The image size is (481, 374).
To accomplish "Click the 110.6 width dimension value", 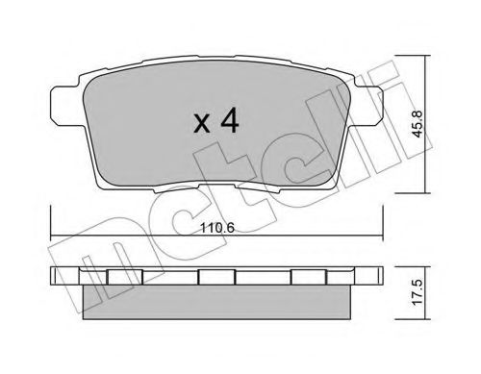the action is tap(217, 228).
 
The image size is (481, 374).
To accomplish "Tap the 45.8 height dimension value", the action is tap(418, 124).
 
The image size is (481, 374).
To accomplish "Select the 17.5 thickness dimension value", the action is tap(418, 291).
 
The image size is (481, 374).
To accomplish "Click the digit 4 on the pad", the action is tap(230, 120).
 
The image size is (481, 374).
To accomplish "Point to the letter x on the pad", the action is tap(202, 124).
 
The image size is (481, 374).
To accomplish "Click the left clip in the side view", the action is tap(124, 277).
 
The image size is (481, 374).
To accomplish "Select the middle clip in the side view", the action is tap(216, 277).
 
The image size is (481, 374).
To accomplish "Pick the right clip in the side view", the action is tap(309, 277).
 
